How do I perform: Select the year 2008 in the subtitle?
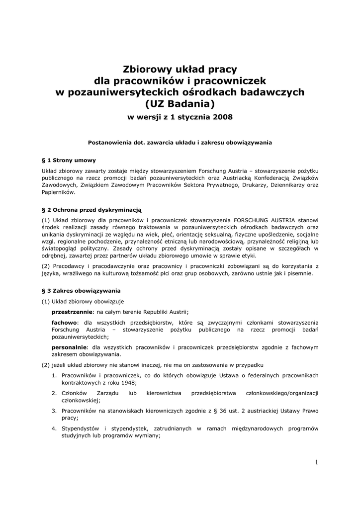click(x=221, y=118)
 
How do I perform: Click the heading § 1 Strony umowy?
click(x=69, y=160)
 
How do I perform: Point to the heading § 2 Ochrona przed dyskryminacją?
click(x=92, y=210)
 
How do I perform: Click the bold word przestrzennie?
click(x=72, y=312)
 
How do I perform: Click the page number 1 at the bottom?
click(x=316, y=462)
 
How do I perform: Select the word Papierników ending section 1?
click(x=58, y=192)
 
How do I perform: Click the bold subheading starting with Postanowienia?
click(x=180, y=142)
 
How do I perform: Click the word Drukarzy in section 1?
click(x=265, y=185)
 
